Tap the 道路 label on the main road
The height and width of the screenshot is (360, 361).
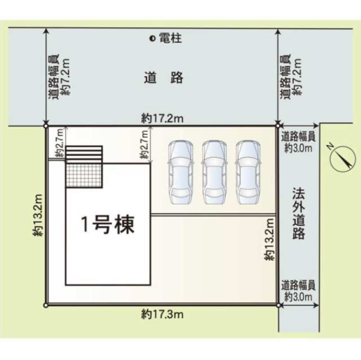coord(163,78)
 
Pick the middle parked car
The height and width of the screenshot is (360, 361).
coord(214,172)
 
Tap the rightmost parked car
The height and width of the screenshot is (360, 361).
coord(247,172)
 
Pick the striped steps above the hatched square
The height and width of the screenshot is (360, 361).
coord(84,154)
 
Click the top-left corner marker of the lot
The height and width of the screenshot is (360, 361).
coord(45,126)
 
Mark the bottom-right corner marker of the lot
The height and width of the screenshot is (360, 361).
coord(278,305)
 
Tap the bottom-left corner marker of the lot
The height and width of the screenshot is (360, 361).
coord(45,305)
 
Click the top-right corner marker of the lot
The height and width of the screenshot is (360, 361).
coord(278,126)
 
